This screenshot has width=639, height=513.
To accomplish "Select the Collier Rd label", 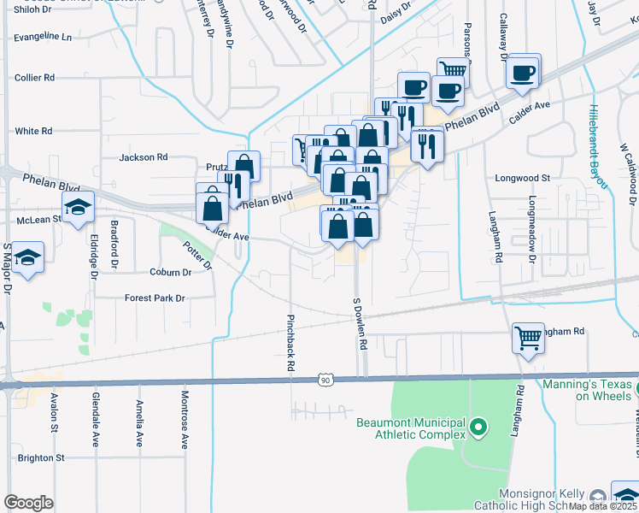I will click(35, 77).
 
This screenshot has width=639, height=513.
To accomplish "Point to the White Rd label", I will click(33, 131).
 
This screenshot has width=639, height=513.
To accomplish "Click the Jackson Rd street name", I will click(144, 157).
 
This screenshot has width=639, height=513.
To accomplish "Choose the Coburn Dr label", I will click(170, 273).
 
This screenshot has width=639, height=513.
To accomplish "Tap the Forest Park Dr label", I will click(155, 298).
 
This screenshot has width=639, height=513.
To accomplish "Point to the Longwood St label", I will click(523, 179).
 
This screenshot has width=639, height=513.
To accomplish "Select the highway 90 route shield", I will click(325, 379).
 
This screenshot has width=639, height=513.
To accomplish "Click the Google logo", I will click(28, 503).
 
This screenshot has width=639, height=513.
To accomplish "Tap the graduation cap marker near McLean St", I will click(77, 207).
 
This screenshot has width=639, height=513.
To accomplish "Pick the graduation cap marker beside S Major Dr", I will click(28, 259).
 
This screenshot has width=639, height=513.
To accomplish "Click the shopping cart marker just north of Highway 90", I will click(527, 338).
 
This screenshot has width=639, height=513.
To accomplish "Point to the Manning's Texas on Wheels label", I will click(588, 390).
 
